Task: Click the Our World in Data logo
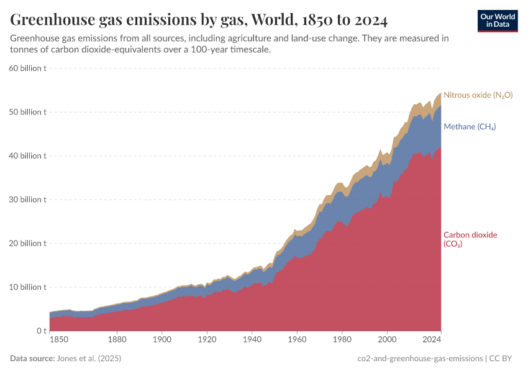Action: tap(497, 21)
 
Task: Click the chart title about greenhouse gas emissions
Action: tap(199, 21)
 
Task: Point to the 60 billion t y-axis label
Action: tap(28, 68)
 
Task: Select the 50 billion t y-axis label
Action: tap(28, 113)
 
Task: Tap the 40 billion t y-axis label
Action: tap(28, 156)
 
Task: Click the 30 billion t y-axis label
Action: tap(28, 200)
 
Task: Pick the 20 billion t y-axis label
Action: tap(28, 244)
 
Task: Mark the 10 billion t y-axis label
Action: tap(28, 287)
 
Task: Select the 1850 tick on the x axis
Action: tap(59, 340)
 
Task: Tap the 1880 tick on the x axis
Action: tap(117, 340)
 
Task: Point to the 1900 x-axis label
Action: tap(162, 340)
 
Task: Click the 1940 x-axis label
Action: tap(252, 340)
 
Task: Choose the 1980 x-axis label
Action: tap(342, 340)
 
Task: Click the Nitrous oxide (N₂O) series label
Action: tap(478, 95)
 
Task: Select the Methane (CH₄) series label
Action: tap(469, 127)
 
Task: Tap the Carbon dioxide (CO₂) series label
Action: tap(470, 239)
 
